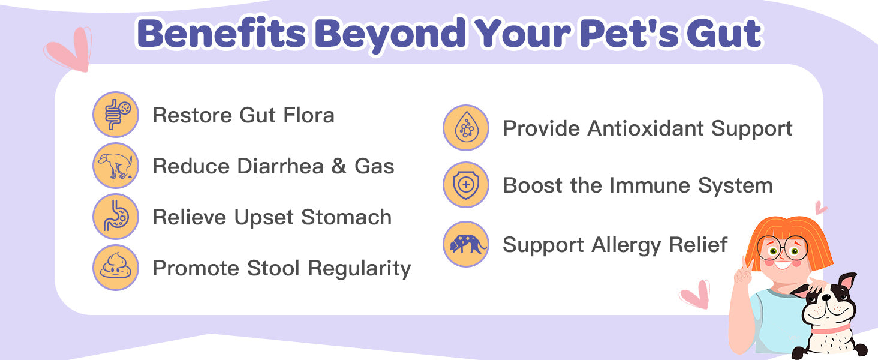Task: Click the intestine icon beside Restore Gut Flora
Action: coord(116,115)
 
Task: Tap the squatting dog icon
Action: coord(116,166)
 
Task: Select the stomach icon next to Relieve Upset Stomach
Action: coord(116,217)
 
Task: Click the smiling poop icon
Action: coord(116,268)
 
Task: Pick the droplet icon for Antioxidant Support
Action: coord(466,128)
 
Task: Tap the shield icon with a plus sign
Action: coord(466,185)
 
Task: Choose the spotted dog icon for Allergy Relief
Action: coord(466,244)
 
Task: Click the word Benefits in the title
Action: coord(221,34)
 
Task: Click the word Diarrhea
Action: coord(281,166)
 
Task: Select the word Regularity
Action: coord(359,269)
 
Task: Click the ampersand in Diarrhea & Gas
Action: coord(339,166)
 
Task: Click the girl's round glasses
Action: coord(782,248)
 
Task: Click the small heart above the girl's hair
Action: coord(820,208)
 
